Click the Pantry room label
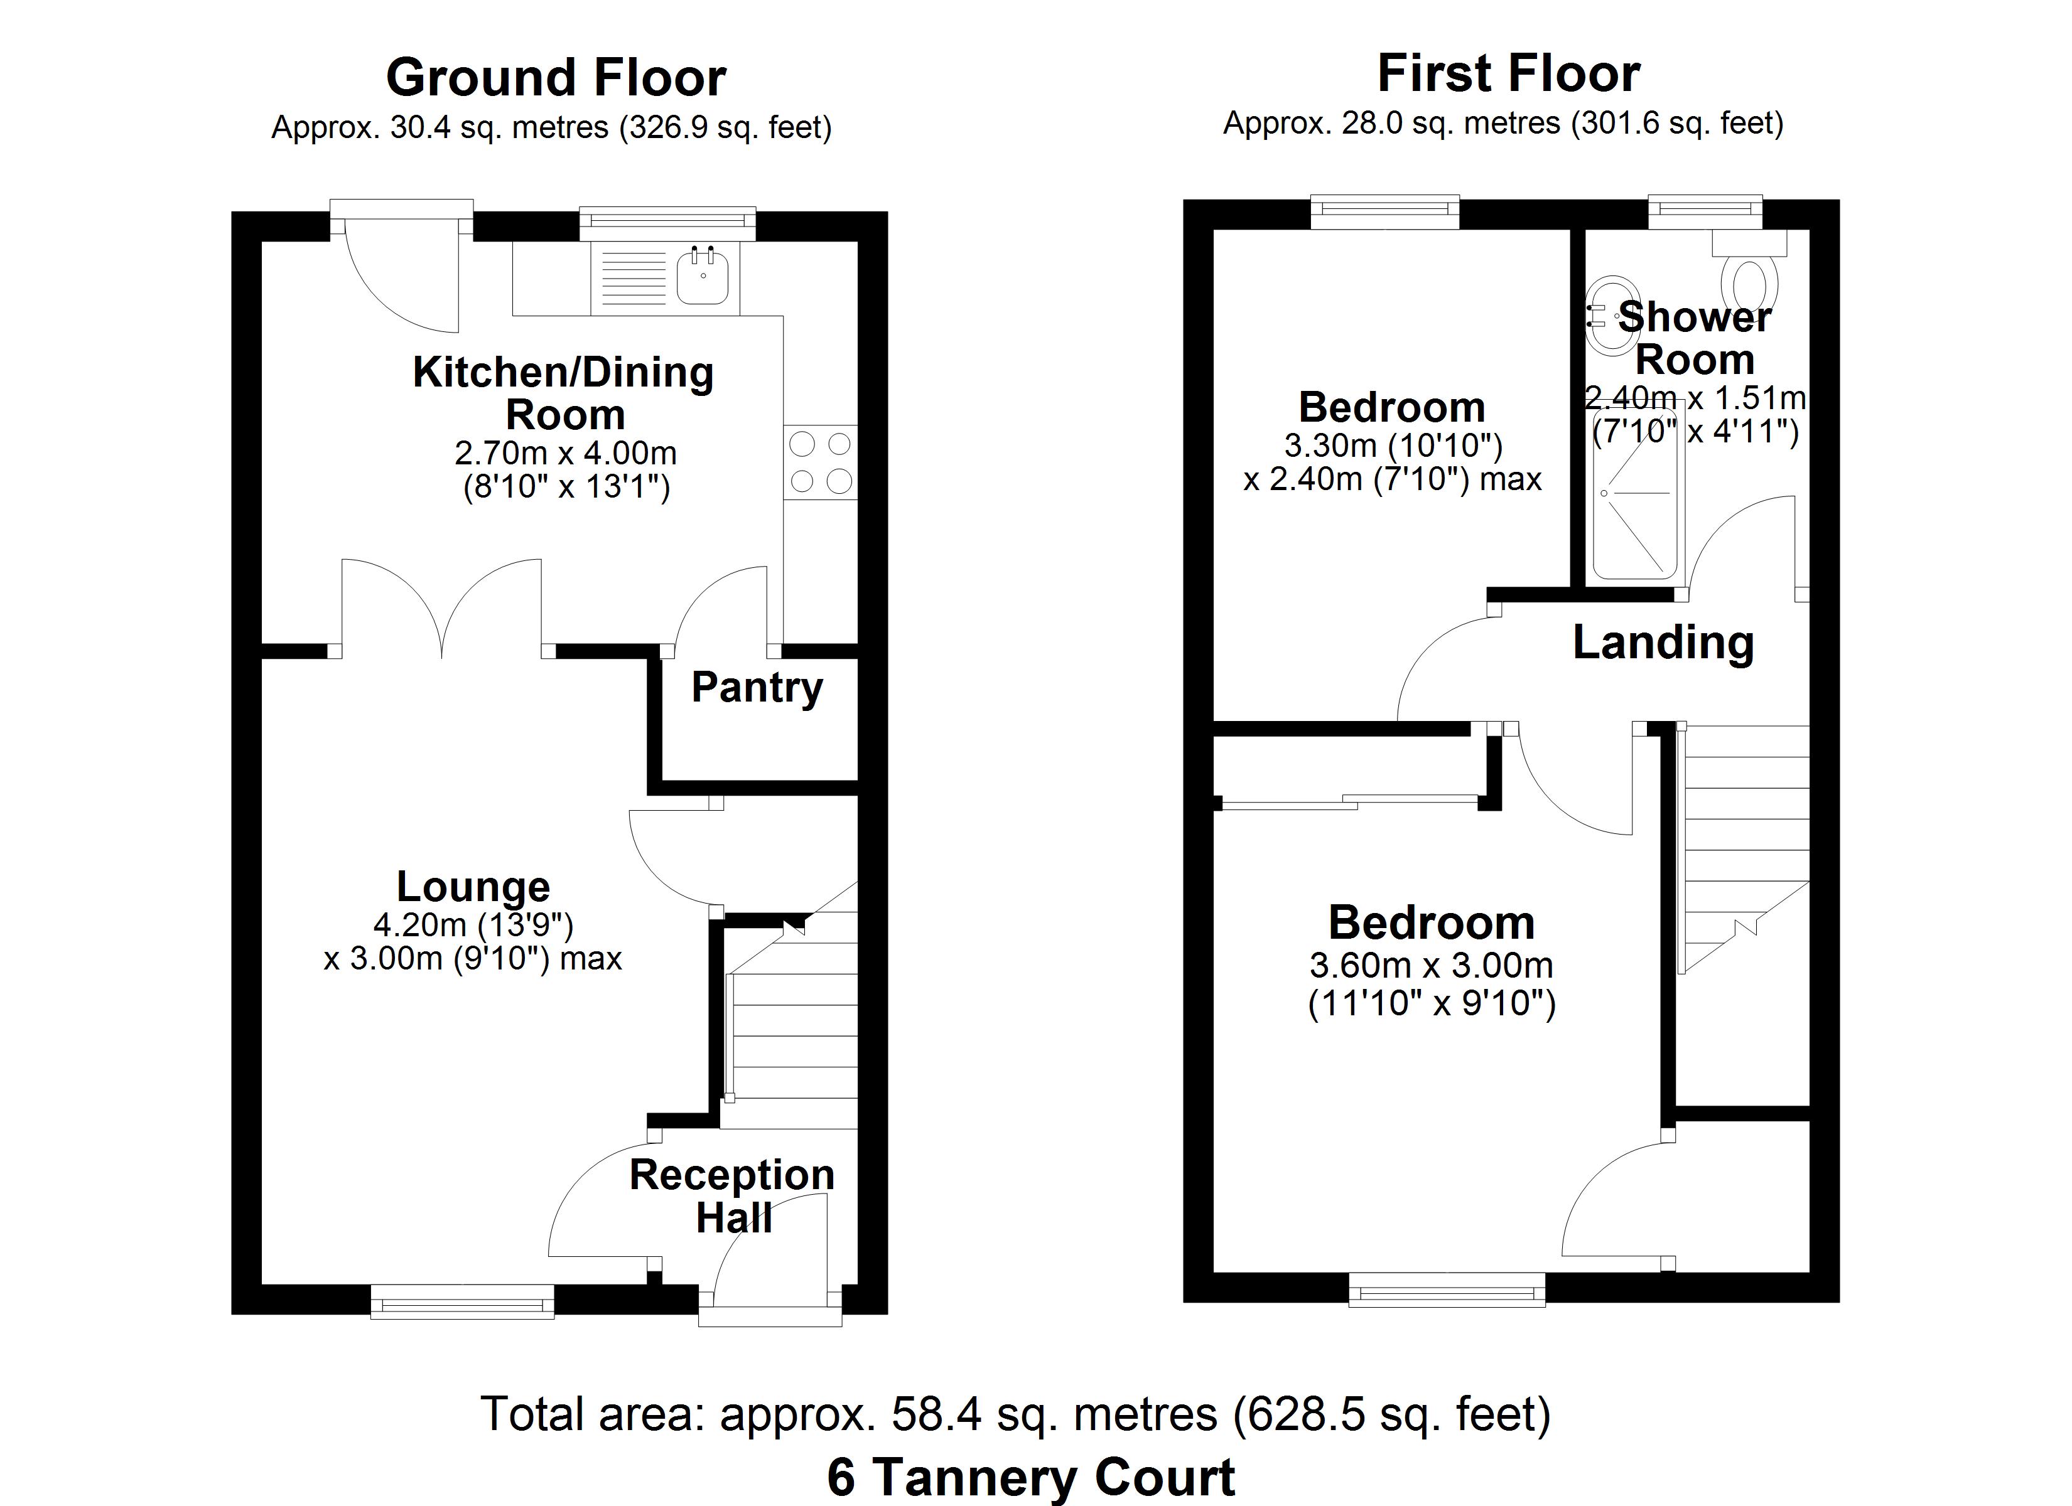pos(757,688)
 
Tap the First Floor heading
pos(1508,73)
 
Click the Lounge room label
pos(473,887)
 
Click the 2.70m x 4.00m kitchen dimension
pos(566,453)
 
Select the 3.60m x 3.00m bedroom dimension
pos(1432,965)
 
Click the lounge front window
pos(462,1301)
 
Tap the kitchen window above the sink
pos(668,224)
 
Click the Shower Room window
pos(1705,212)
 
